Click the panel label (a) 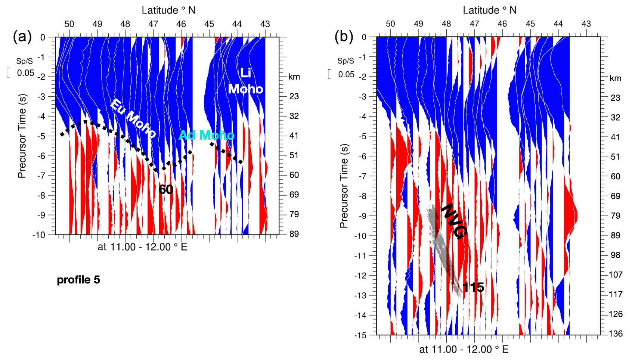[x=22, y=37]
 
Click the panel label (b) [x=343, y=37]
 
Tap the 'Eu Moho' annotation [x=133, y=118]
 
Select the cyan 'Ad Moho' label [x=207, y=135]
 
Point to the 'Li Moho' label [x=245, y=81]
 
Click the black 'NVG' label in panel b [x=454, y=221]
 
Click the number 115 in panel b [x=473, y=287]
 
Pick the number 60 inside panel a [x=165, y=190]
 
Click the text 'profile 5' [x=78, y=280]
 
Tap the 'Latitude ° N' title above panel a [x=168, y=10]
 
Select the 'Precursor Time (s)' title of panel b [x=344, y=186]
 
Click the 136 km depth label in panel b [x=616, y=333]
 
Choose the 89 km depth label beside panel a [x=294, y=234]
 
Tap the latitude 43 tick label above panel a [x=265, y=24]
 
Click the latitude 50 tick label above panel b [x=390, y=24]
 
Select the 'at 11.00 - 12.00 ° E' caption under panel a [x=142, y=247]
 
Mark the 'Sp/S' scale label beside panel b [x=346, y=61]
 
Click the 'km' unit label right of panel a [x=294, y=77]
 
